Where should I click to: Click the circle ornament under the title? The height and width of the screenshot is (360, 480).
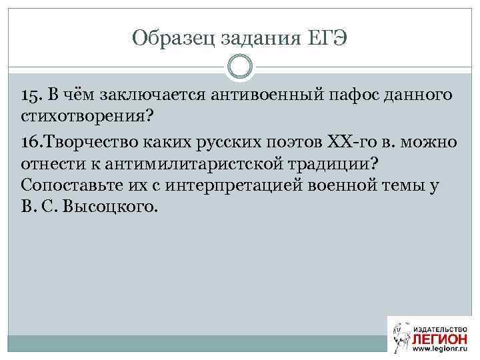(x=239, y=67)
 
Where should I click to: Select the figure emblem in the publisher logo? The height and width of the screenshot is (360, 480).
(x=399, y=335)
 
